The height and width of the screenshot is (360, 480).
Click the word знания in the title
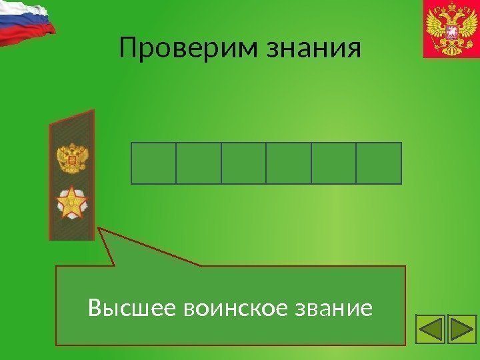tap(313, 48)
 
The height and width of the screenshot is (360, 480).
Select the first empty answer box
tap(153, 163)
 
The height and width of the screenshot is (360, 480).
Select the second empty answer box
tap(199, 163)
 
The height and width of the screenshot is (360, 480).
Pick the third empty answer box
tap(243, 163)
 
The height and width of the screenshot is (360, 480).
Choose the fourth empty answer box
tap(289, 163)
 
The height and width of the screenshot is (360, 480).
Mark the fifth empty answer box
tap(333, 163)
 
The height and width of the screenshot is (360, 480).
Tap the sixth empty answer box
tap(379, 163)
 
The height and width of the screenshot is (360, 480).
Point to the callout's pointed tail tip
tap(101, 229)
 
